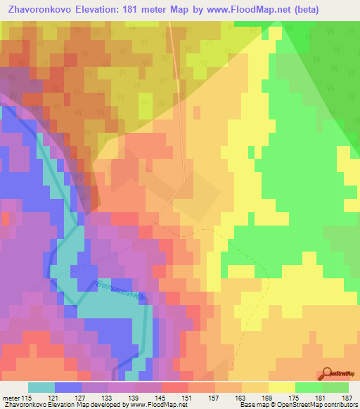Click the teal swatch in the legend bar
[41, 387]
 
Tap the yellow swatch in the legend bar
[282, 387]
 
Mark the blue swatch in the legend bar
[68, 387]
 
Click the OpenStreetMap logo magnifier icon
[326, 372]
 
